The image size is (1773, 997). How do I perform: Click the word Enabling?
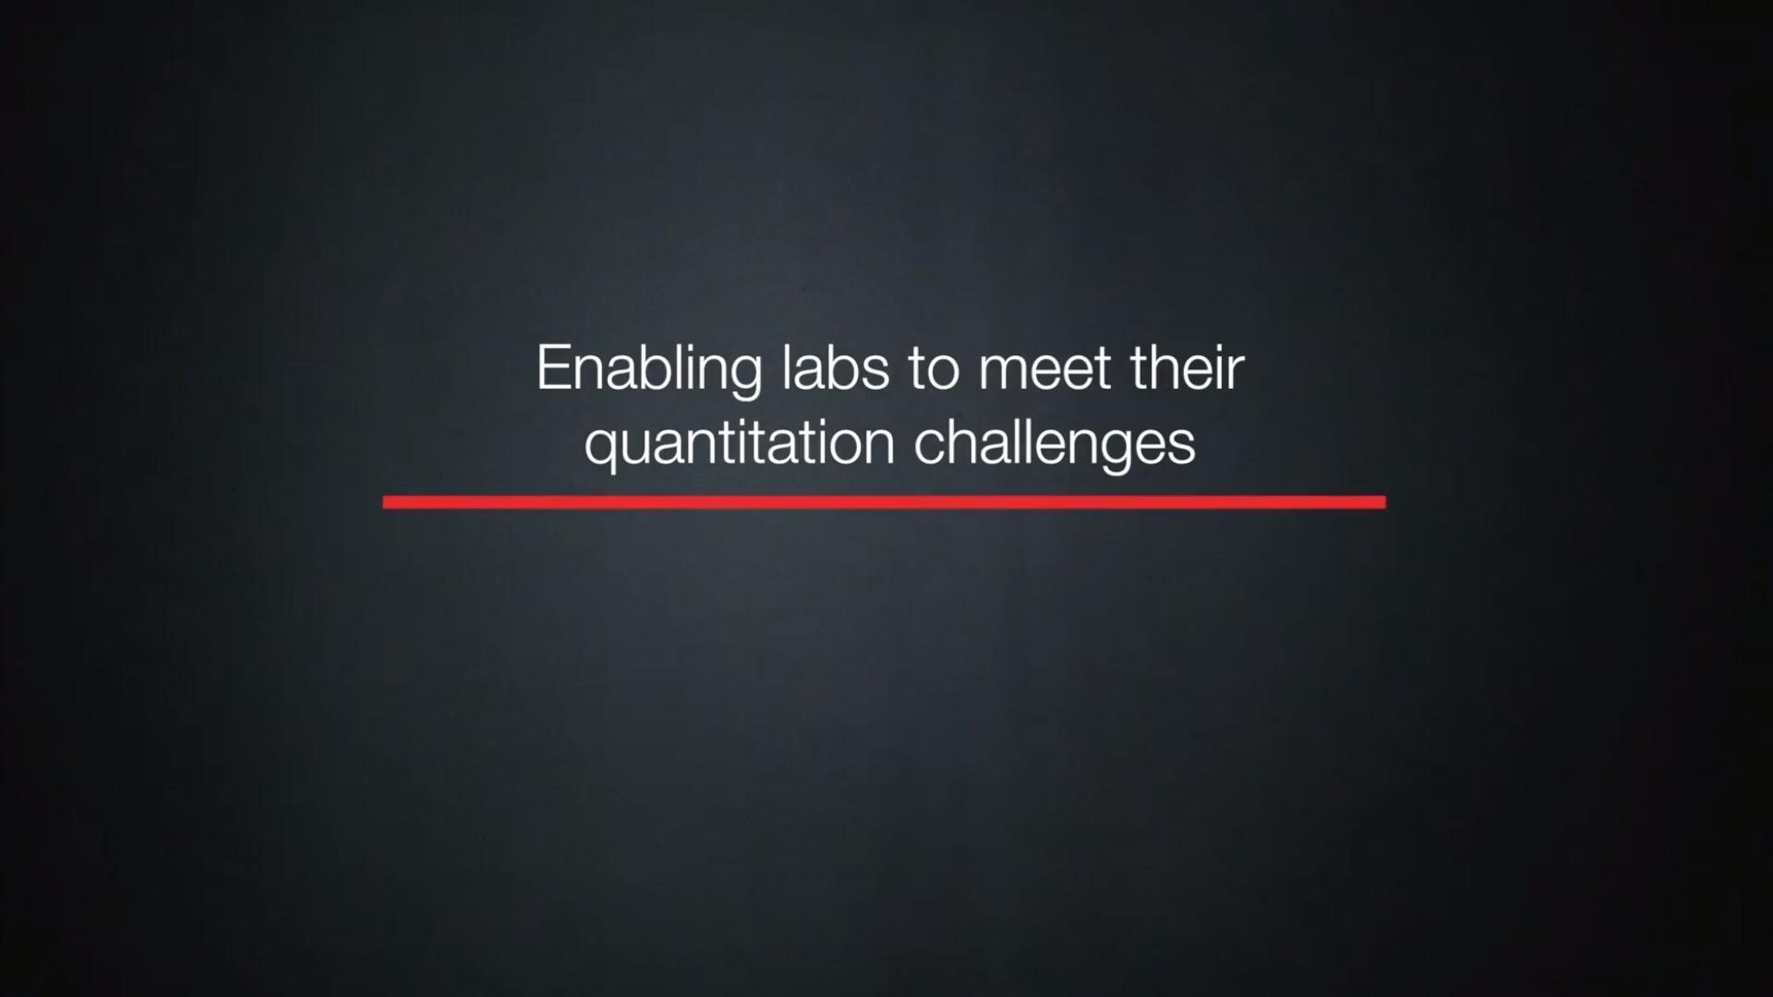648,371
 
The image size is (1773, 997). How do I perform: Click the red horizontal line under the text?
885,502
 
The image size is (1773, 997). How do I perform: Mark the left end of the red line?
384,502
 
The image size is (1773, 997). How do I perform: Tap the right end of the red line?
1385,502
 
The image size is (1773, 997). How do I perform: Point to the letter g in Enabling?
744,378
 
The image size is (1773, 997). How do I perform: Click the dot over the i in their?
1216,346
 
